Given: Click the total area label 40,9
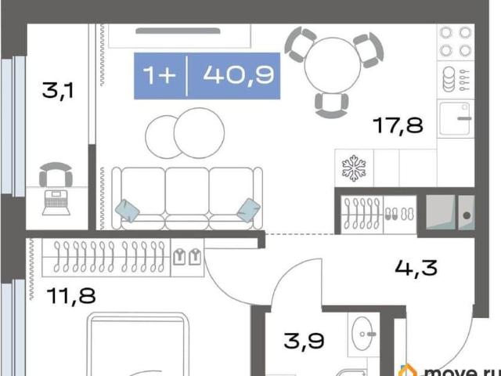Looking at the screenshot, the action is click(x=239, y=76).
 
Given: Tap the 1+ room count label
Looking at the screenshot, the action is click(x=160, y=76).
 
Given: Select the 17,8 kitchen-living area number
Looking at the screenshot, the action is click(x=399, y=125).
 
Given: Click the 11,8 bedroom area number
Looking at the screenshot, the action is click(x=71, y=295).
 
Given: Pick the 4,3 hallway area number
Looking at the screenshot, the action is click(x=416, y=267).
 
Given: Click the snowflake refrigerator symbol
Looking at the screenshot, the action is click(x=354, y=168).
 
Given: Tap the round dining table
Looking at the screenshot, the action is click(x=333, y=66).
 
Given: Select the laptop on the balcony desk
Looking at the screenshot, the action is click(x=56, y=202).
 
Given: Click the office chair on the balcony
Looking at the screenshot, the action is click(x=56, y=175).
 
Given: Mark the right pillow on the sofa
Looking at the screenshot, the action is click(x=249, y=210).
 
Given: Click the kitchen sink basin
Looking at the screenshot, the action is click(x=455, y=118).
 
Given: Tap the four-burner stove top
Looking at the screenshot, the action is click(x=456, y=42).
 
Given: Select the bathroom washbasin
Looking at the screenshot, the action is click(x=363, y=334).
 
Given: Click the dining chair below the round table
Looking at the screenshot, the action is click(x=331, y=105).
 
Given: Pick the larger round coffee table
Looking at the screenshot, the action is click(x=199, y=133).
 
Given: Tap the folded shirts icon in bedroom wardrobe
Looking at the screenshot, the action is click(x=187, y=257).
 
